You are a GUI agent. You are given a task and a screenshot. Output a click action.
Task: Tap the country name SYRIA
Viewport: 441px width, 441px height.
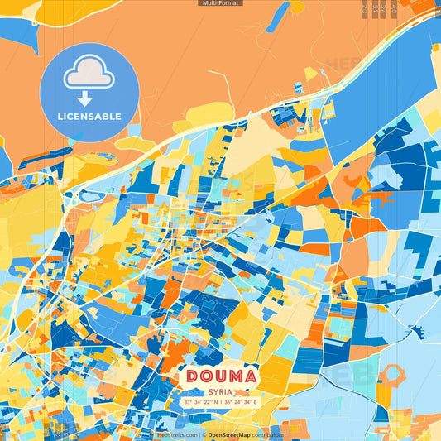pyautogui.click(x=221, y=391)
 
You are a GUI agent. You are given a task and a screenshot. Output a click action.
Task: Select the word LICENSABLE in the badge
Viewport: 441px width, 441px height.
pyautogui.click(x=89, y=117)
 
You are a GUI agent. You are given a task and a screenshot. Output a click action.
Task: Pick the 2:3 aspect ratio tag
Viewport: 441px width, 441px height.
pyautogui.click(x=366, y=9)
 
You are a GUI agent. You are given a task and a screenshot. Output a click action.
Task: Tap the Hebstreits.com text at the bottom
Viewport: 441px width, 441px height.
pyautogui.click(x=177, y=434)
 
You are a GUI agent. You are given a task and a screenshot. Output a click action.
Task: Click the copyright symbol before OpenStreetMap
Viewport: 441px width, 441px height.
pyautogui.click(x=204, y=434)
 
